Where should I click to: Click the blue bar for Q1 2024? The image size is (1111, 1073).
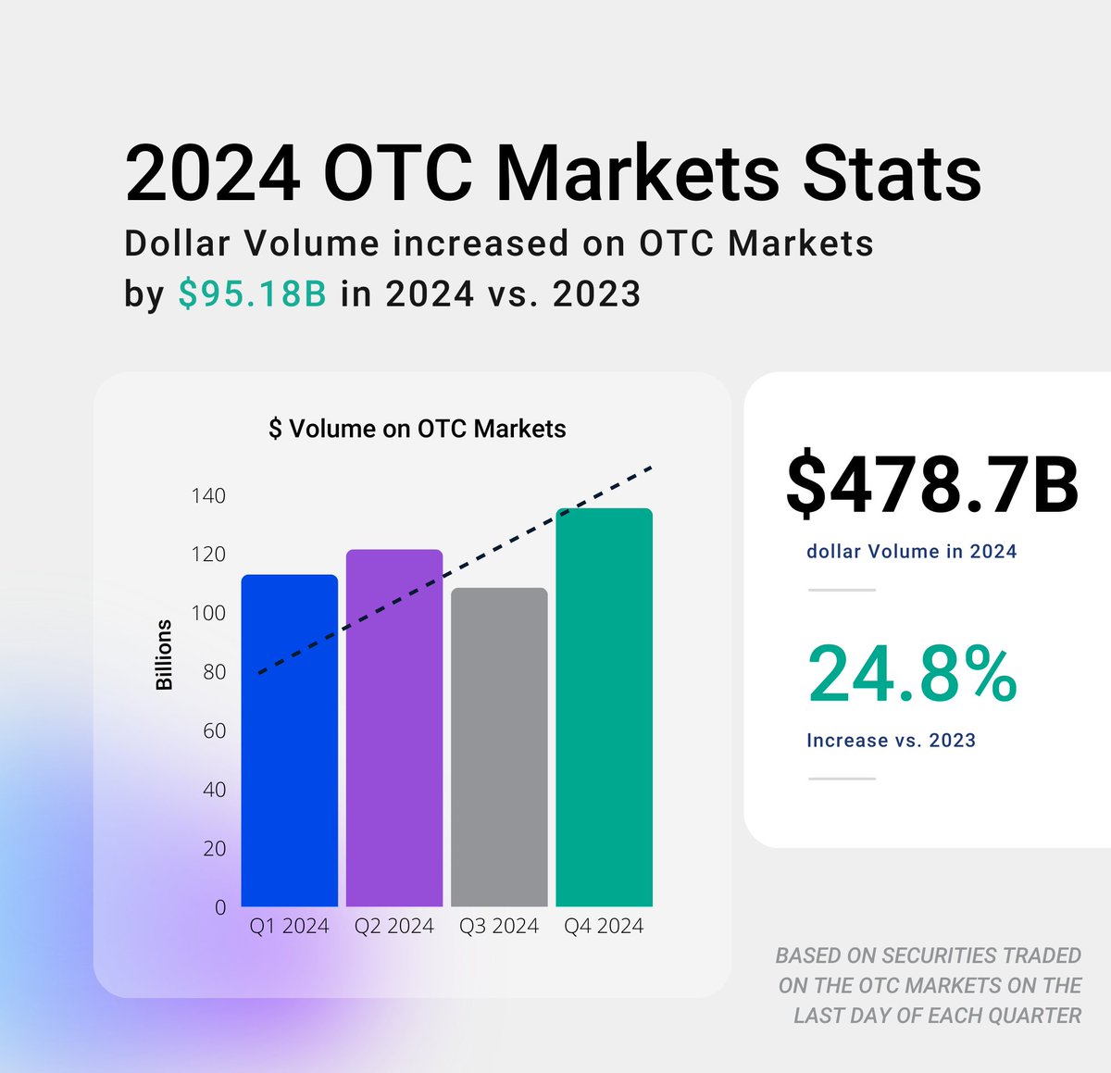[289, 741]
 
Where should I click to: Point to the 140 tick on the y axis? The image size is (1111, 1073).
[208, 496]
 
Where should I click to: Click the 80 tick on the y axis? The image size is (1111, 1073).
[214, 672]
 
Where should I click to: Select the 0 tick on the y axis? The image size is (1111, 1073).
[220, 907]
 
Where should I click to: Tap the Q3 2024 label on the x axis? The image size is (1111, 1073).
[499, 926]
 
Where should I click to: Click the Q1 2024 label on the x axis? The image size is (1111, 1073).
[289, 926]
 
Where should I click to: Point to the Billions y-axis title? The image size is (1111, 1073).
[164, 655]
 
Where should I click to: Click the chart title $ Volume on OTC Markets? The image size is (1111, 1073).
[417, 429]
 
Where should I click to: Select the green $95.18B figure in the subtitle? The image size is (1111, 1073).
[252, 293]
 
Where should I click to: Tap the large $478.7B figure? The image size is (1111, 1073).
[931, 485]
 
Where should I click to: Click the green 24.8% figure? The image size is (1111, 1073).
[912, 674]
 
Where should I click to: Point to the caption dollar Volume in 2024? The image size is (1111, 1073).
[911, 552]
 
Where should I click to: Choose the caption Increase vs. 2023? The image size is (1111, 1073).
[891, 741]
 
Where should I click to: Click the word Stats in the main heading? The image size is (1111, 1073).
[891, 173]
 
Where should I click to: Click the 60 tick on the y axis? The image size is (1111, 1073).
[214, 731]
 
